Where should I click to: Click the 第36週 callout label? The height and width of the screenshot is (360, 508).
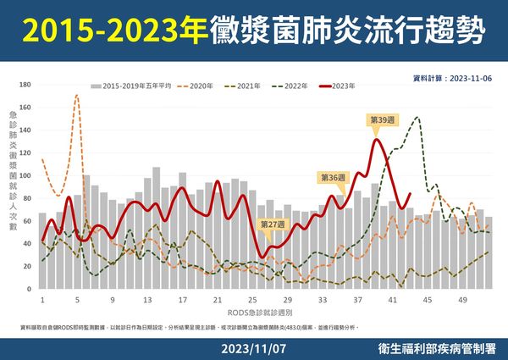pos(331,178)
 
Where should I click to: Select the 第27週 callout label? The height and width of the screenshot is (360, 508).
pos(273,224)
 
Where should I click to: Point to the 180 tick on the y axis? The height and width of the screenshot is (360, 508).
pos(25,85)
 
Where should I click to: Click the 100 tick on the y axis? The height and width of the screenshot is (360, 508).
pos(25,176)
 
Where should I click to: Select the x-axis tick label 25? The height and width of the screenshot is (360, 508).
pos(252,301)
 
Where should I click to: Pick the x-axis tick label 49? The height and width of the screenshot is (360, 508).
pos(462,301)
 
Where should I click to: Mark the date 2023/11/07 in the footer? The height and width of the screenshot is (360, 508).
pos(253,348)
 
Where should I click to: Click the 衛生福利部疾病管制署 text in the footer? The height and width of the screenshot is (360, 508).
pos(440,348)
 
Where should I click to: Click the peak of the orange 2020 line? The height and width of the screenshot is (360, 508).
pos(77,96)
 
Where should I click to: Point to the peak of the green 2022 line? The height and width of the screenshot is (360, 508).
pos(417,118)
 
